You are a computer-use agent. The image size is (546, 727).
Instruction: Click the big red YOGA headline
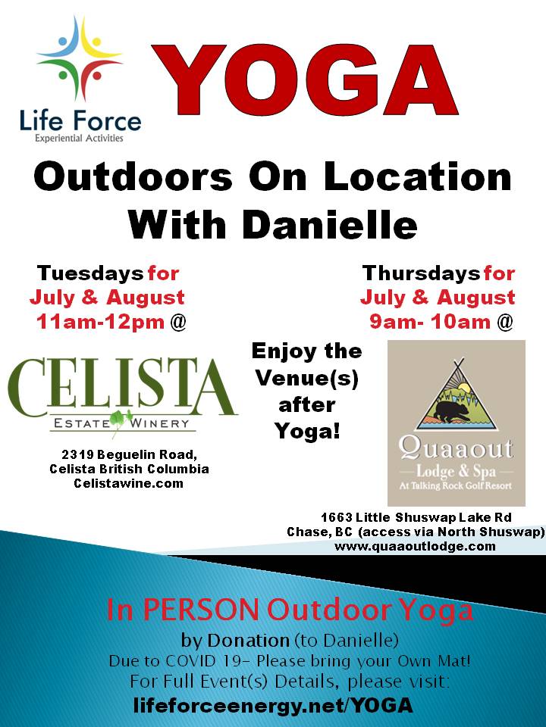tap(305, 80)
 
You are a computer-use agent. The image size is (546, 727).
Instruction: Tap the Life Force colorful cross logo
tap(80, 59)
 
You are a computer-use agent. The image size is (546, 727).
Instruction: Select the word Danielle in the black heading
tap(330, 225)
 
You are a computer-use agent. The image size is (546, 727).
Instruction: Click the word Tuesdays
tap(90, 273)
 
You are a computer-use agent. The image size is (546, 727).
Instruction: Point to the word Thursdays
tap(421, 273)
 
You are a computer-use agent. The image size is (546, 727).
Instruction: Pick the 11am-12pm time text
tap(100, 321)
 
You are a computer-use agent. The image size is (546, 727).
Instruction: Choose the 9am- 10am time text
tap(430, 321)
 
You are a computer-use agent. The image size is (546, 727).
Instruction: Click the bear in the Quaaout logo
tap(447, 410)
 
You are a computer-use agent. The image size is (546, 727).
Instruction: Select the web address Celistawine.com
tap(129, 483)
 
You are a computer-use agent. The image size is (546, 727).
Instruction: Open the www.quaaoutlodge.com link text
tap(415, 546)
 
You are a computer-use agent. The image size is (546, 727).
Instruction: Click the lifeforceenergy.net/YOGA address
tap(273, 705)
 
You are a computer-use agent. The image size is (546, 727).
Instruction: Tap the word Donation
tap(249, 641)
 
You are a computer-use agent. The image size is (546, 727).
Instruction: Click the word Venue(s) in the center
tap(307, 379)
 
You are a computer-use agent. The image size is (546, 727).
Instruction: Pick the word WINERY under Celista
tap(160, 423)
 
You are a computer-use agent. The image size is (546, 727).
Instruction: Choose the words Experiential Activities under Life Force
tap(79, 138)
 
